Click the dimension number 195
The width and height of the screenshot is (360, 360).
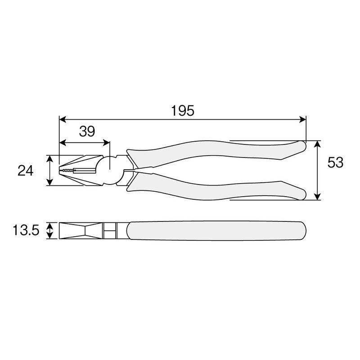pyautogui.click(x=182, y=110)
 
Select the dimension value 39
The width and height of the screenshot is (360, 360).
pyautogui.click(x=87, y=131)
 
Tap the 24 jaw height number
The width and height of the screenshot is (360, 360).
pyautogui.click(x=26, y=171)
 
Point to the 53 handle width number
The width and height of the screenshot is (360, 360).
pyautogui.click(x=335, y=163)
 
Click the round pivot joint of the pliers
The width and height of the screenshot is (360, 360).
pyautogui.click(x=109, y=170)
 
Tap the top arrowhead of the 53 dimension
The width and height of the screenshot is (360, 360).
pyautogui.click(x=318, y=144)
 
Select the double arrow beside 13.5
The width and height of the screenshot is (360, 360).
pyautogui.click(x=49, y=231)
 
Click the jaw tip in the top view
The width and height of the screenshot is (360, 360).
pyautogui.click(x=60, y=171)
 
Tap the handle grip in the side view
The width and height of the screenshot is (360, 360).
pyautogui.click(x=216, y=231)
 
